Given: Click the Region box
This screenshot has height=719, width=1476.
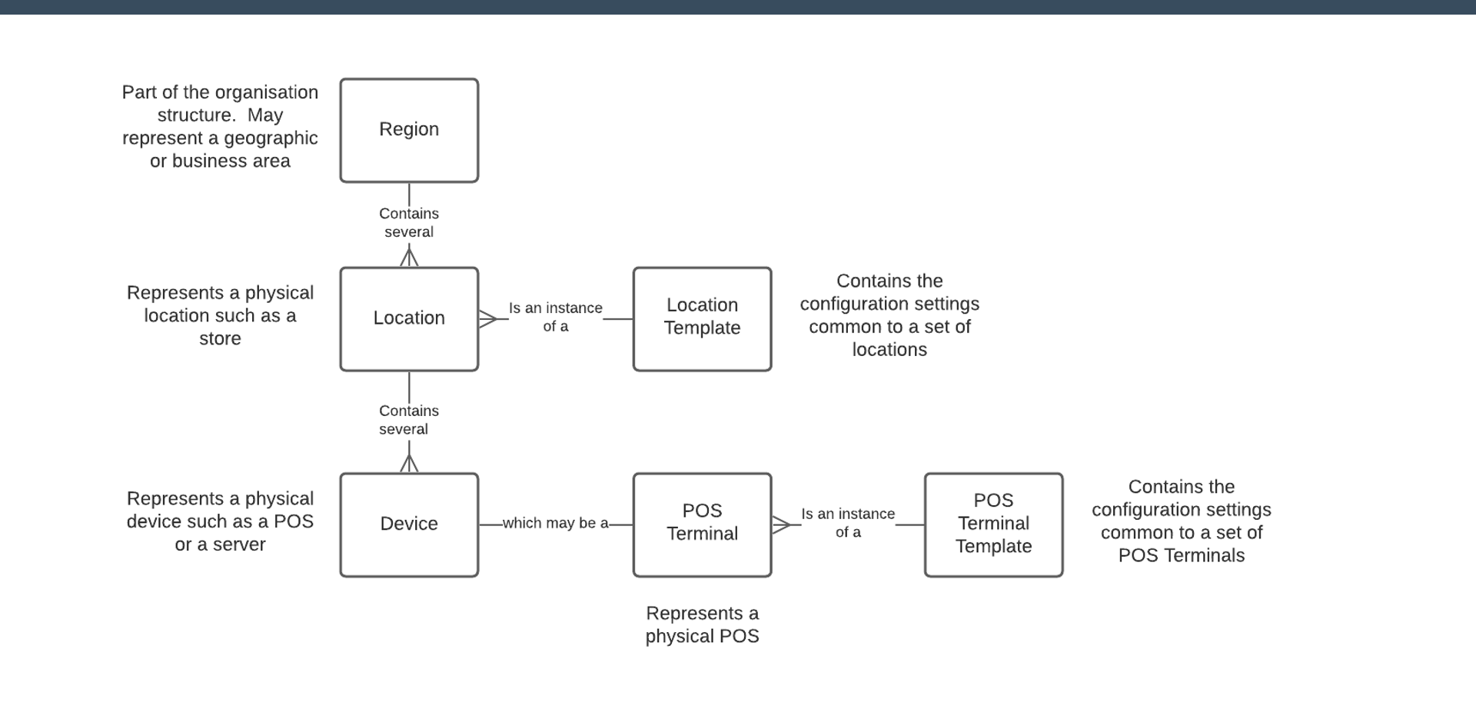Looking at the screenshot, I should (409, 130).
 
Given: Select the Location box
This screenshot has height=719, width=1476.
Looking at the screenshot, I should (409, 318).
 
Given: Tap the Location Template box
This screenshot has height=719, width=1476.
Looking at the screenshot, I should (702, 318).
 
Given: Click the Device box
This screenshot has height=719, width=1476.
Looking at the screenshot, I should (409, 524).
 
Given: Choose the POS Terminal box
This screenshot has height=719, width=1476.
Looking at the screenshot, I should (702, 524).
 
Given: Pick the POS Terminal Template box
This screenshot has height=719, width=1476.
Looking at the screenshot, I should (993, 524).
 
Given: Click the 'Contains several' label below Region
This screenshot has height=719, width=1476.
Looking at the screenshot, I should (409, 223).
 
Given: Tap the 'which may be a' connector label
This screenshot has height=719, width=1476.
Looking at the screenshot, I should (555, 524).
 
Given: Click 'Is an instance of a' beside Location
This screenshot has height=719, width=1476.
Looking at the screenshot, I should (555, 317).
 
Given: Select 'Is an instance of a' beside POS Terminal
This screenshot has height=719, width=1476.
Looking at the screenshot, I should (848, 523).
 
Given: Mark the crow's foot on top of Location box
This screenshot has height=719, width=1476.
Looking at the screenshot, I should (409, 257).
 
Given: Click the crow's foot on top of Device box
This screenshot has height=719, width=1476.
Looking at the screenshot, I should (409, 463).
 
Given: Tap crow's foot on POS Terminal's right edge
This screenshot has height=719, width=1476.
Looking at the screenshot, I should (781, 524).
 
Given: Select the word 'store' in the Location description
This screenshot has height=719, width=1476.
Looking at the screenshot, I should (220, 339).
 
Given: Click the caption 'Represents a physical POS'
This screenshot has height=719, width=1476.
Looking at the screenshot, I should (702, 624).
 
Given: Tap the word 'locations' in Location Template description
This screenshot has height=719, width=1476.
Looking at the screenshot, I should (889, 350).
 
